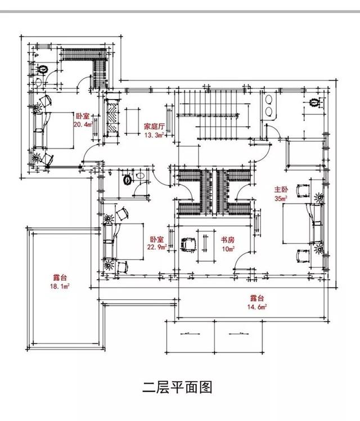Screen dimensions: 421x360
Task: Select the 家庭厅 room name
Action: (x=154, y=127)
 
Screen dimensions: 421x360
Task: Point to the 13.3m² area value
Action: (x=154, y=135)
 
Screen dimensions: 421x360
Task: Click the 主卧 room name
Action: (x=281, y=190)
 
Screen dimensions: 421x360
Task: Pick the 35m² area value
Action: (x=281, y=198)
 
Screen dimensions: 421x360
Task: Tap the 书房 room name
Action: (x=227, y=240)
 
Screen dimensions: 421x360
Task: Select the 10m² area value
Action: (x=227, y=248)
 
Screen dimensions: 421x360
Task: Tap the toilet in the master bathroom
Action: (x=315, y=103)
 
